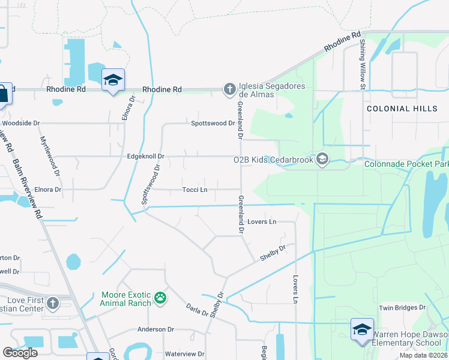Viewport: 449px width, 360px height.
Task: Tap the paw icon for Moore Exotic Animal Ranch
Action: [x=160, y=298]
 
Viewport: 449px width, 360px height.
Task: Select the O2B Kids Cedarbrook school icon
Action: [x=322, y=159]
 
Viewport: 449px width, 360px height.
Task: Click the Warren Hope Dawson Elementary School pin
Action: [x=362, y=329]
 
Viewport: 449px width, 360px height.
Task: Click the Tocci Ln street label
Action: [x=195, y=190]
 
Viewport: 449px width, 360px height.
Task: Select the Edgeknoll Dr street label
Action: [x=146, y=157]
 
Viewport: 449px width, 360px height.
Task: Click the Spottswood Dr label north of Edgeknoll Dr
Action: [x=212, y=124]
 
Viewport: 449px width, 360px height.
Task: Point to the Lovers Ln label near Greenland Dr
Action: [x=261, y=222]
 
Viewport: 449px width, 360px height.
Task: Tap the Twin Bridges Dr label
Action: [x=402, y=308]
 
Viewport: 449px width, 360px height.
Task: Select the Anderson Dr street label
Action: [x=155, y=329]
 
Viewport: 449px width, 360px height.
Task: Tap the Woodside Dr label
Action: [x=21, y=124]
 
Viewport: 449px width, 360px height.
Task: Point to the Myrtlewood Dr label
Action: [x=50, y=155]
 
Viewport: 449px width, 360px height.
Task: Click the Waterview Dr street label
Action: [x=185, y=355]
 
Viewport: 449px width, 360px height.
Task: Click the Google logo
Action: [x=20, y=353]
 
